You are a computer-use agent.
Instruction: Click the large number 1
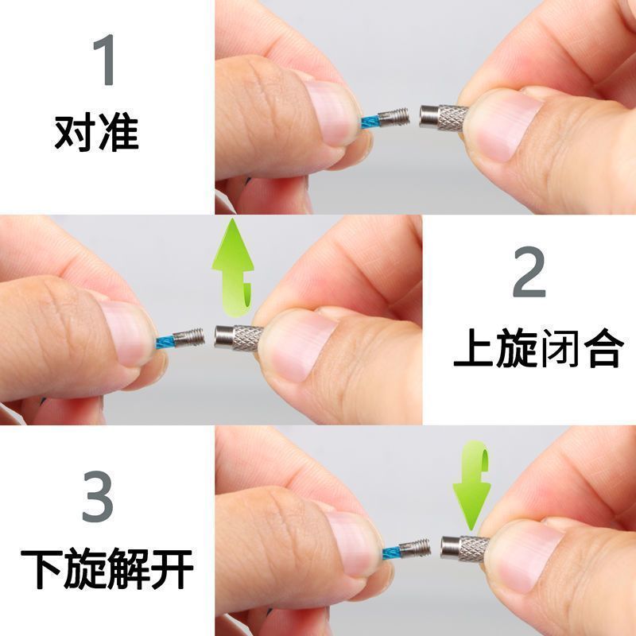pyautogui.click(x=104, y=60)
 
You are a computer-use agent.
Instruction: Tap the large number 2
pyautogui.click(x=529, y=272)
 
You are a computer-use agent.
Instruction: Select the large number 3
pyautogui.click(x=97, y=496)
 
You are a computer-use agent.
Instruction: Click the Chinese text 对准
pyautogui.click(x=96, y=134)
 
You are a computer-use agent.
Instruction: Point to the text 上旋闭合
pyautogui.click(x=538, y=348)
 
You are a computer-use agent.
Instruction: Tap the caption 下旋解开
pyautogui.click(x=107, y=568)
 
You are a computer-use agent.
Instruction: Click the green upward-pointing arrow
pyautogui.click(x=233, y=268)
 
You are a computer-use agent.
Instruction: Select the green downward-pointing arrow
pyautogui.click(x=472, y=485)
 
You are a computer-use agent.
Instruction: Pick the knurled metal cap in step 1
pyautogui.click(x=444, y=117)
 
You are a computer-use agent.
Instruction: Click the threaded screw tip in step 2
pyautogui.click(x=188, y=338)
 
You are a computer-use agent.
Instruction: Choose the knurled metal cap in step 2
pyautogui.click(x=239, y=337)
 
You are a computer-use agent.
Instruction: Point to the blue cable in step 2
pyautogui.click(x=165, y=343)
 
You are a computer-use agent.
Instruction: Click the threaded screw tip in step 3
pyautogui.click(x=414, y=549)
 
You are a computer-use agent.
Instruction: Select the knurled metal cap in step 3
pyautogui.click(x=465, y=548)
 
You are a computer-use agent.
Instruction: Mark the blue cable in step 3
pyautogui.click(x=391, y=553)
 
